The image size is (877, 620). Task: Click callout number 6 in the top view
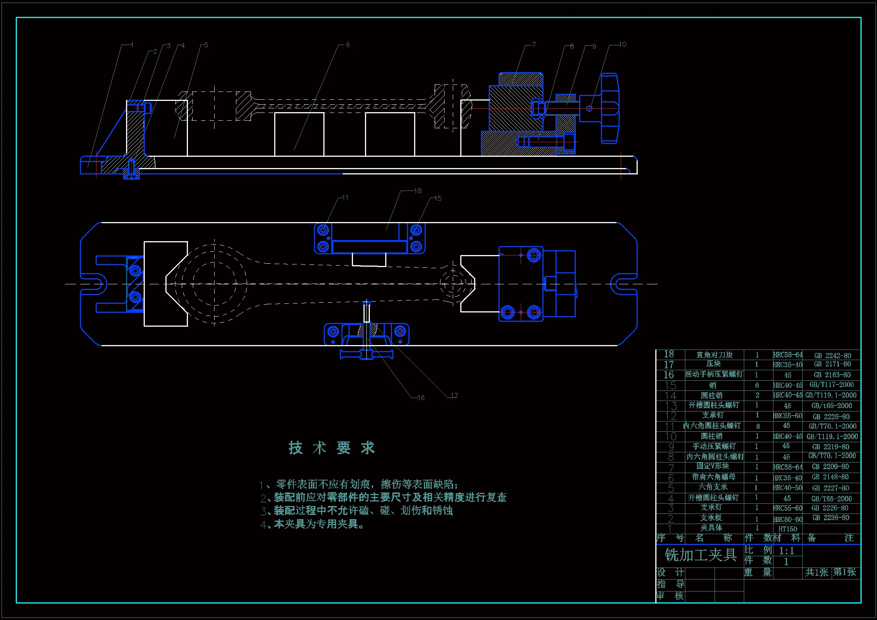348,45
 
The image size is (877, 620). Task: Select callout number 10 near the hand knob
623,45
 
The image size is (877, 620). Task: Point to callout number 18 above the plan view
418,191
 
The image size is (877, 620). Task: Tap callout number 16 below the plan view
421,398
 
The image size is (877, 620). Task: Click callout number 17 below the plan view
454,395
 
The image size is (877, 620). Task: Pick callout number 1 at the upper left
132,45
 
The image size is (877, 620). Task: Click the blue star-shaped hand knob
610,108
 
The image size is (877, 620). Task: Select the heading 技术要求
332,448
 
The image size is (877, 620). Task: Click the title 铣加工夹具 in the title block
700,555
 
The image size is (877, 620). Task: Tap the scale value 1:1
787,551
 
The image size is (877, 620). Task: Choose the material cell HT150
788,529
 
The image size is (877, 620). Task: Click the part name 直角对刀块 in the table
714,355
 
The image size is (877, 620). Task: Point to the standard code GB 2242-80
832,355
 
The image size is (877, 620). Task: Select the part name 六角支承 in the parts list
713,487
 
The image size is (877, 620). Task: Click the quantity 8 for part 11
758,426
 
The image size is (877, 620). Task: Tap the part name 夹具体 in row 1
711,528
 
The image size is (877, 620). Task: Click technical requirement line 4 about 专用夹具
313,524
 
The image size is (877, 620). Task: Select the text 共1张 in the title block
817,572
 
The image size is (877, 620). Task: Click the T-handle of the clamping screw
367,355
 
